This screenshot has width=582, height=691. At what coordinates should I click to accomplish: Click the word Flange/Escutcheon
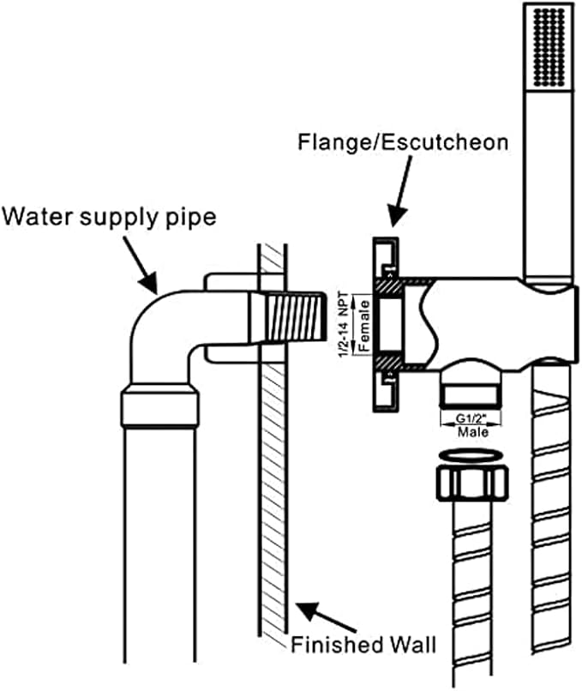403,143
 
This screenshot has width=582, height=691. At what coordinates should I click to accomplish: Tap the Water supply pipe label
109,217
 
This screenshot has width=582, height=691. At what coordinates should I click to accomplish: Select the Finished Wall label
363,645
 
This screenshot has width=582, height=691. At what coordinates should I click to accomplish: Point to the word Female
363,325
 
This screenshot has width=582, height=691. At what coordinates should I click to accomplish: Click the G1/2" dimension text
471,418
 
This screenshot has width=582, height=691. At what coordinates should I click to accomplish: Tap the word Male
473,432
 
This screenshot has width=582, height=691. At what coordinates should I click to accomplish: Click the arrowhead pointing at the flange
396,216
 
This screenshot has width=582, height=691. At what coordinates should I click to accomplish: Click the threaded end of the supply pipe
294,317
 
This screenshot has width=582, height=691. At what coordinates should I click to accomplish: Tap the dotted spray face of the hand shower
549,48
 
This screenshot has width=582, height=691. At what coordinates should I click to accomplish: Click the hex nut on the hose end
471,484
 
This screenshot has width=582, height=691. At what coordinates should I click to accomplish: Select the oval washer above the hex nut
471,456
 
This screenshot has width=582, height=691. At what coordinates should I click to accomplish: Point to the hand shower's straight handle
549,184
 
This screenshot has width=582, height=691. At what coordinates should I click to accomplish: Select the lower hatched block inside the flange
388,363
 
